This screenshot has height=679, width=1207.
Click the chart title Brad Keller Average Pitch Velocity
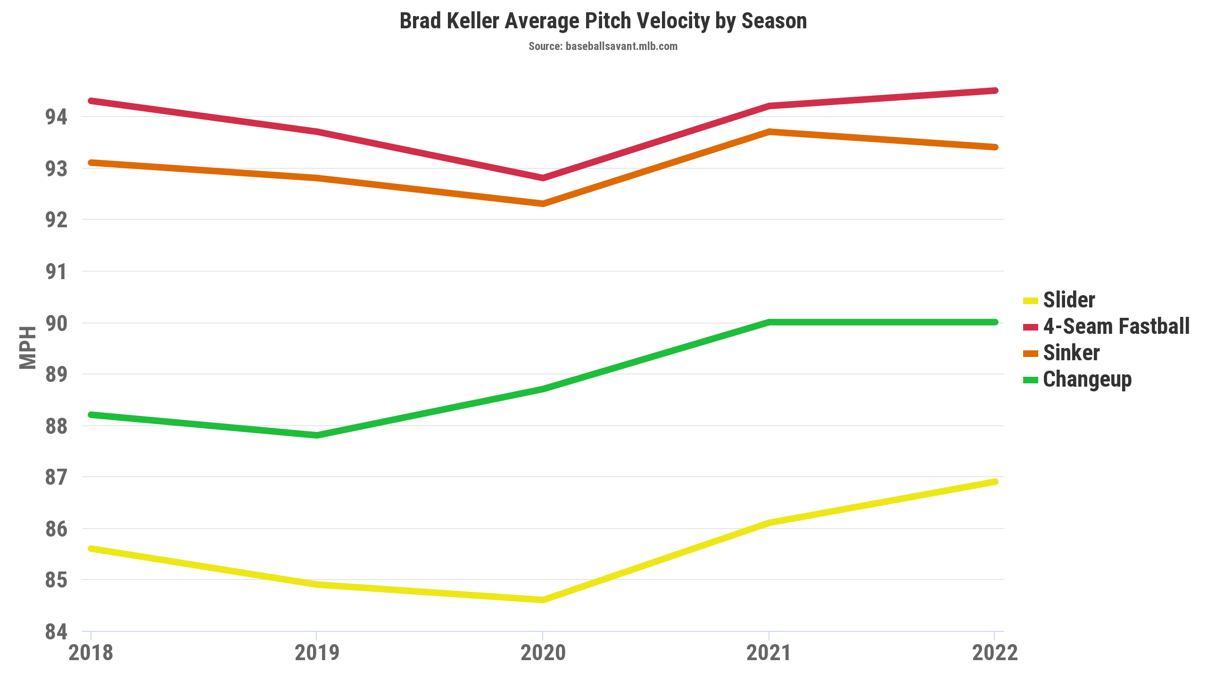(x=603, y=21)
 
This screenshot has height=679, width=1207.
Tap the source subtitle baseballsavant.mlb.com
(x=603, y=46)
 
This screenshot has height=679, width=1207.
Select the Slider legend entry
(x=1068, y=300)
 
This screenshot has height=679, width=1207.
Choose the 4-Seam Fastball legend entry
(x=1116, y=326)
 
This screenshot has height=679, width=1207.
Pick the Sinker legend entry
(x=1071, y=353)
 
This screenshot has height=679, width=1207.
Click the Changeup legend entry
(x=1087, y=379)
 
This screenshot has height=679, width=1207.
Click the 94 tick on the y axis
(x=56, y=117)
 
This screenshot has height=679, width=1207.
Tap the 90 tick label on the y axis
(x=56, y=323)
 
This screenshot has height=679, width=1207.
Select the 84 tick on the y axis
(x=56, y=632)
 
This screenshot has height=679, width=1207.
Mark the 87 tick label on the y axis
(x=56, y=477)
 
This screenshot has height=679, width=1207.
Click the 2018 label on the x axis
(x=91, y=653)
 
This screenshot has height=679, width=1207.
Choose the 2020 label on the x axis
(x=543, y=653)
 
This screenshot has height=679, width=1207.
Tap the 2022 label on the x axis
(x=995, y=653)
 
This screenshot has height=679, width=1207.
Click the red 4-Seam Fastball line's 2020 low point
(x=543, y=178)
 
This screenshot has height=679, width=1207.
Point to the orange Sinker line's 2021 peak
(x=769, y=132)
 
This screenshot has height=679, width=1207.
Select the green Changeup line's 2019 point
(x=317, y=435)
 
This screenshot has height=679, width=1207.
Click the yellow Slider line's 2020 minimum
(x=543, y=600)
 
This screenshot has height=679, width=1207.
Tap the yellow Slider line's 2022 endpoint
(x=995, y=482)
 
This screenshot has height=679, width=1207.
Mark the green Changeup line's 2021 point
(x=769, y=323)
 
